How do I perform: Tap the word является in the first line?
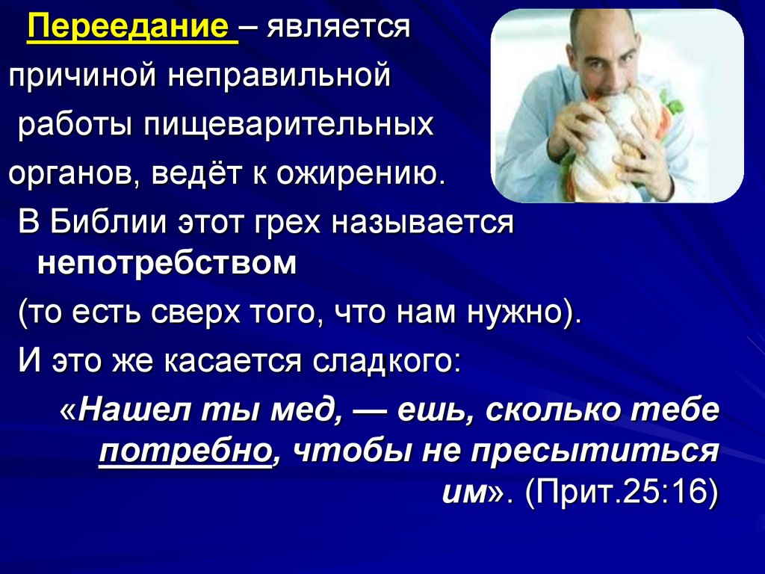click(x=338, y=28)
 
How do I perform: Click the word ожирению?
click(x=361, y=173)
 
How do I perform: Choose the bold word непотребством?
click(x=167, y=263)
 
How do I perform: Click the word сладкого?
click(x=386, y=361)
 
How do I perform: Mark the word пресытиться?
click(x=594, y=451)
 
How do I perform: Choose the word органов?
click(x=75, y=174)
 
